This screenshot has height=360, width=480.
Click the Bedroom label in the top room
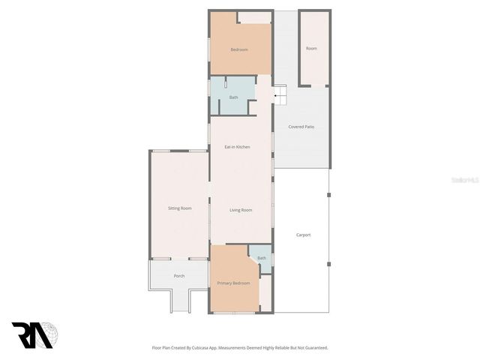click(x=239, y=49)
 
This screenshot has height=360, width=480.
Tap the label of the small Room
click(x=311, y=48)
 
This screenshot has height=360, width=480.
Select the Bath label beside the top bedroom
click(x=233, y=97)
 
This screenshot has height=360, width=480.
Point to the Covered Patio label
click(x=301, y=127)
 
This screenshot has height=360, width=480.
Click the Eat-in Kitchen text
click(x=237, y=146)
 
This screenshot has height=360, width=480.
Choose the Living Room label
click(x=240, y=210)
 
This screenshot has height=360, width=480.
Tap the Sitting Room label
click(x=179, y=208)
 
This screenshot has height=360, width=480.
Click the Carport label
click(x=303, y=235)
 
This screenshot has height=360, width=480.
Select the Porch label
click(x=179, y=276)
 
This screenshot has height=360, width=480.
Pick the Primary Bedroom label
click(x=233, y=283)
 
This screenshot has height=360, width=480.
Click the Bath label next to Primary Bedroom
click(x=262, y=258)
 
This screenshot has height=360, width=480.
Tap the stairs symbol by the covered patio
click(x=279, y=94)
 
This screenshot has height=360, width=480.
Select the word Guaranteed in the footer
click(x=314, y=348)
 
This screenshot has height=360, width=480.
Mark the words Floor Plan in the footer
click(x=161, y=348)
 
